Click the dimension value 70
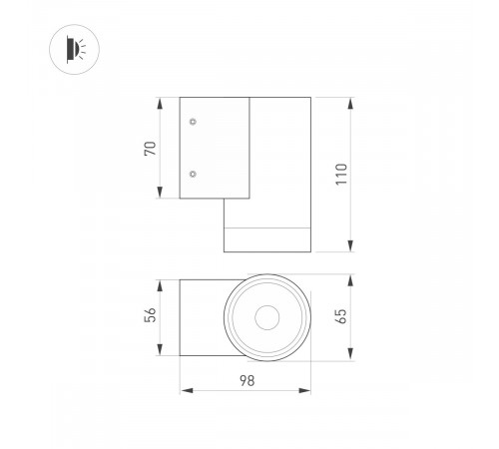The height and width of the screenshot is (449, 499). tap(150, 149)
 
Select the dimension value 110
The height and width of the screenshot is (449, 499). tap(341, 175)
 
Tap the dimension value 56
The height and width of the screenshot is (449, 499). tap(150, 314)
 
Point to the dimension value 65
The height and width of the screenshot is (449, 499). tap(341, 316)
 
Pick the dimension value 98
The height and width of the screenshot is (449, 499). tap(248, 381)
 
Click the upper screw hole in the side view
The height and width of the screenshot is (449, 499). tap(193, 122)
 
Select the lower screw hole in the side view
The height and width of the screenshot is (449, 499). tap(193, 174)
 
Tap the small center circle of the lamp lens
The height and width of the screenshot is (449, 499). tap(267, 317)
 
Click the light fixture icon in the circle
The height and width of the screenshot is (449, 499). tap(76, 49)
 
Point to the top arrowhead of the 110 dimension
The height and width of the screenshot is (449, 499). tap(350, 104)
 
